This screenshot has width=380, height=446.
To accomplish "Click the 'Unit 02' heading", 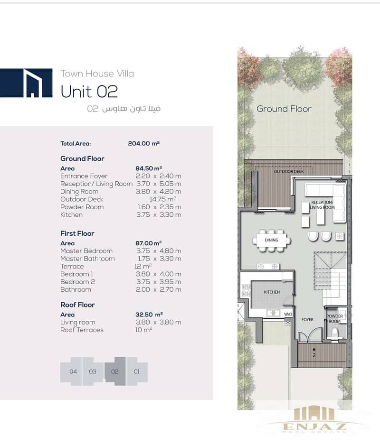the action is pos(89,92).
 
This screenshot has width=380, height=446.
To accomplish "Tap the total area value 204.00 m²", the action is pos(143,143).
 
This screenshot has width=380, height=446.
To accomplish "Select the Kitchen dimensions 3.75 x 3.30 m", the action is pos(159,215).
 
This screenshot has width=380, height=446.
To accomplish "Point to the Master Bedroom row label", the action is pos(86,251).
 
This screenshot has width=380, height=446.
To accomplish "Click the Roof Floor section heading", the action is pos(77,305).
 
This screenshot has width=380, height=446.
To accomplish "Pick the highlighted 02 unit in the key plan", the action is pos(115,371).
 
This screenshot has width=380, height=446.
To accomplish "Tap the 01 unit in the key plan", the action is pos(137,371).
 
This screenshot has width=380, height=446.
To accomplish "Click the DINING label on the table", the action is pos(272,240).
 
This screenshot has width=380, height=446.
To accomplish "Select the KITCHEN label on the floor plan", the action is pos(272,292).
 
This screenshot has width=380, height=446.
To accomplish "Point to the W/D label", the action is pos(288,314).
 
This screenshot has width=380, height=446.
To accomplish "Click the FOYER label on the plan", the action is pos(307,320).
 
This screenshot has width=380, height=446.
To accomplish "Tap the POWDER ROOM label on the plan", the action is pos(334,318).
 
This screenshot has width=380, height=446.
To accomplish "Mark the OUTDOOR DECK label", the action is pos(289,171).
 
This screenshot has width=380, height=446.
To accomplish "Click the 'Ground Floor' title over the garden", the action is pos(284,109).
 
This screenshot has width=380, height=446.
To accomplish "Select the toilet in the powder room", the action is pos(335,334).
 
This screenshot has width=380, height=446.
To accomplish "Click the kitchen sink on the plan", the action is pos(273,313).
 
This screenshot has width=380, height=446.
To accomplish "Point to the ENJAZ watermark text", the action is pos(314,427).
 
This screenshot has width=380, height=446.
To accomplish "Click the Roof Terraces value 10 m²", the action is pos(143,330).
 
